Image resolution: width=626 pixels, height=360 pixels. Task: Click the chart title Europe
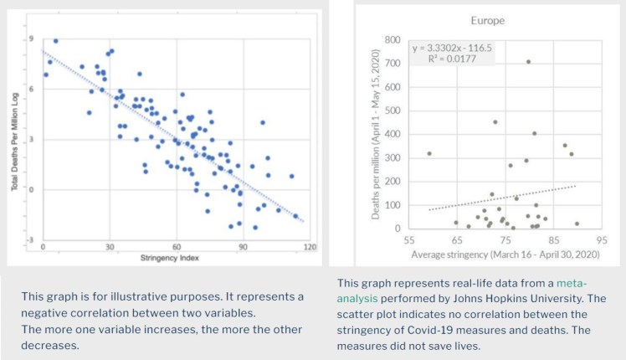[487, 19]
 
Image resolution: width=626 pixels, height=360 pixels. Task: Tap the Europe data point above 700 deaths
[528, 61]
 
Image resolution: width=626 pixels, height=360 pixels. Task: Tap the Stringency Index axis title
[175, 256]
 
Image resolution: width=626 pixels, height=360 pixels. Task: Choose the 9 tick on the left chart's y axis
[32, 39]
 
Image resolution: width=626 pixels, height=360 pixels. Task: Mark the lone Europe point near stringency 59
[428, 153]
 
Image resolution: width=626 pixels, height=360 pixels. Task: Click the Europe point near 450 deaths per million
[495, 122]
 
